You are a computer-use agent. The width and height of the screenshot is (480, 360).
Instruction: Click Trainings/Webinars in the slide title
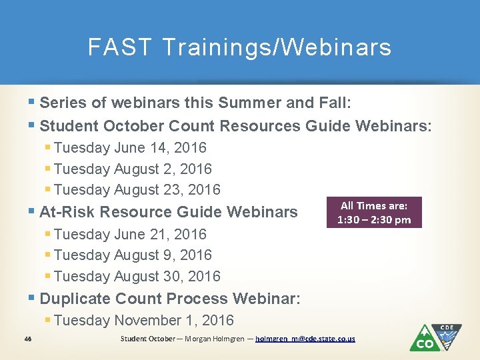[276, 47]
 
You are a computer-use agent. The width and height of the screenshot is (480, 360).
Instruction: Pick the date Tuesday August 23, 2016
[137, 189]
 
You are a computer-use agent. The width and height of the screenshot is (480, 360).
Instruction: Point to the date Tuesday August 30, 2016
[137, 276]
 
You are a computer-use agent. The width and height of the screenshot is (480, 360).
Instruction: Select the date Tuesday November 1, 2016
[143, 320]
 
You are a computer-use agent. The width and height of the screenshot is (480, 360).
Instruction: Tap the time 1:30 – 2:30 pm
[374, 219]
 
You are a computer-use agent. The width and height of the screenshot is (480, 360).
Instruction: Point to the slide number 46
[27, 339]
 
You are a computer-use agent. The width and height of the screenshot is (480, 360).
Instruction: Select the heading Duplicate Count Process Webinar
[170, 298]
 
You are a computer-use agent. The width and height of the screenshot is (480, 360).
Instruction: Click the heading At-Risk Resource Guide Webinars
[168, 212]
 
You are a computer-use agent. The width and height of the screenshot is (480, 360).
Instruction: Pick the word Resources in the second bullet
[261, 125]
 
